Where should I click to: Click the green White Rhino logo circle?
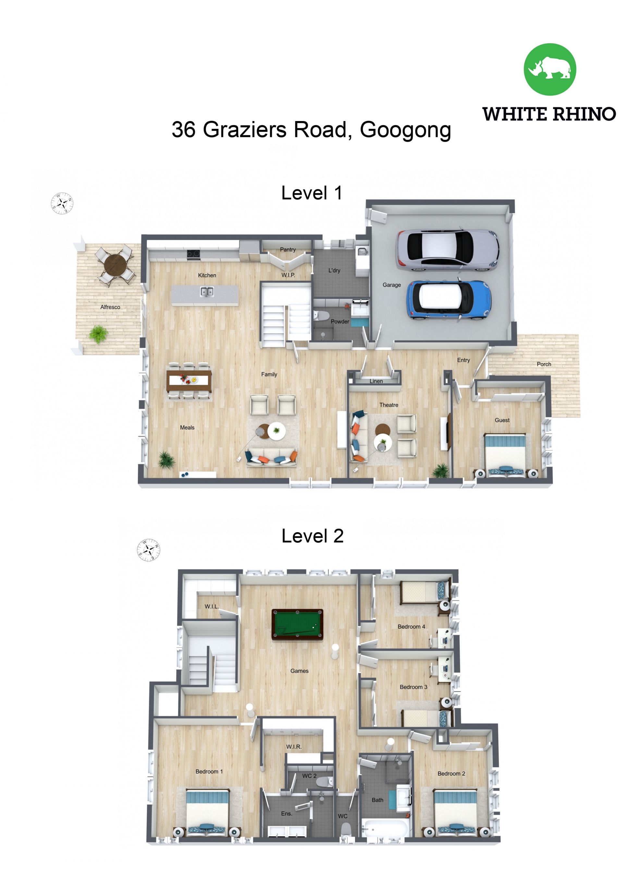550,69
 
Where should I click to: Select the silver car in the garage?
447,251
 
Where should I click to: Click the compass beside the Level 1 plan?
62,203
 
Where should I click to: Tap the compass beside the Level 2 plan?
149,550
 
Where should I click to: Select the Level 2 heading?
312,536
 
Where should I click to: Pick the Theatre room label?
389,405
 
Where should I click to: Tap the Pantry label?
288,250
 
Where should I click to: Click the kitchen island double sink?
207,292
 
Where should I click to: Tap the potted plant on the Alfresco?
99,334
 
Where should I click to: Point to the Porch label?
544,364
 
